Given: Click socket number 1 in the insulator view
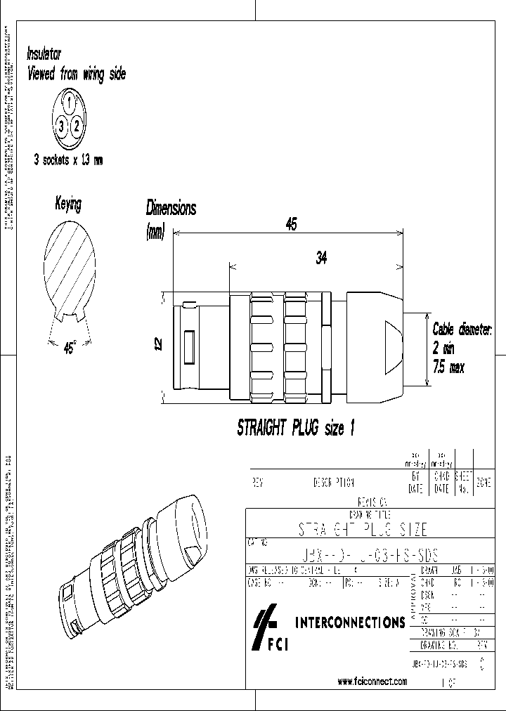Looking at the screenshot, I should (70, 103).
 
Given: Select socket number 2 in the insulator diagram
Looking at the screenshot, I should (78, 126).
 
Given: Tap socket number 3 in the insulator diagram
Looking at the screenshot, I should (62, 126).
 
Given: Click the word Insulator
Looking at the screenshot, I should (44, 53).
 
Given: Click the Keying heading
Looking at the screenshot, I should (68, 204).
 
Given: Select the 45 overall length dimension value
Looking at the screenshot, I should (290, 224).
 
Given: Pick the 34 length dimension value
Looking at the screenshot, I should (320, 258).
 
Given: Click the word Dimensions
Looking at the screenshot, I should (171, 208).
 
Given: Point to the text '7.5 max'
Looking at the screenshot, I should (448, 368).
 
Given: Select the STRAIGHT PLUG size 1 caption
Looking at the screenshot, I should (290, 429).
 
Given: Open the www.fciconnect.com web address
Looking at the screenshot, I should (372, 681).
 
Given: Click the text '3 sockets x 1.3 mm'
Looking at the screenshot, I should (68, 160).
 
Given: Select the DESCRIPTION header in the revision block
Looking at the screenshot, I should (333, 483).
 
